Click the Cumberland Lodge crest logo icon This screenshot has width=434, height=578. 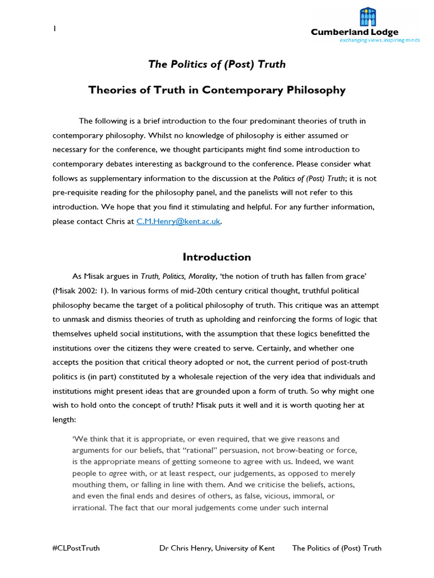(x=367, y=17)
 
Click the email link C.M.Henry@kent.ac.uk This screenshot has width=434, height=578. (x=179, y=222)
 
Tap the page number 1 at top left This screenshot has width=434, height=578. (x=54, y=28)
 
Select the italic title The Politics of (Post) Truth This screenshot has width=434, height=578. (x=217, y=64)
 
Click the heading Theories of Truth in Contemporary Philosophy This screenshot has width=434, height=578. (x=217, y=90)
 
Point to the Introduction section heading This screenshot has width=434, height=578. (x=217, y=257)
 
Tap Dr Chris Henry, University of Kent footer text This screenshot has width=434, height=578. (x=217, y=548)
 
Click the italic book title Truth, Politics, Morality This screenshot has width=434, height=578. (x=185, y=276)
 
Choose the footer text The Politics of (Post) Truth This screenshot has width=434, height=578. (x=337, y=548)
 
